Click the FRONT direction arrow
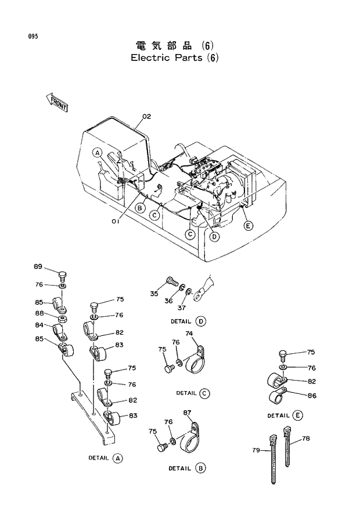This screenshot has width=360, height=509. pos(56,102)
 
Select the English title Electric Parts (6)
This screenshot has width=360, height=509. pos(174,58)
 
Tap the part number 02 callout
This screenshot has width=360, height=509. pos(146,116)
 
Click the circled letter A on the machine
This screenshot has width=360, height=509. pos(98,153)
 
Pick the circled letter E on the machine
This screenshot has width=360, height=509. pos(248,225)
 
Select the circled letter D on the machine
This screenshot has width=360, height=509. pos(215,236)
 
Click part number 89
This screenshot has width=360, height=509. pos(38,267)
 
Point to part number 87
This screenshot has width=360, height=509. pos(187,413)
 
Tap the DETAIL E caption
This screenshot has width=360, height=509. pos(285,415)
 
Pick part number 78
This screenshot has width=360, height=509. pos(306,438)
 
